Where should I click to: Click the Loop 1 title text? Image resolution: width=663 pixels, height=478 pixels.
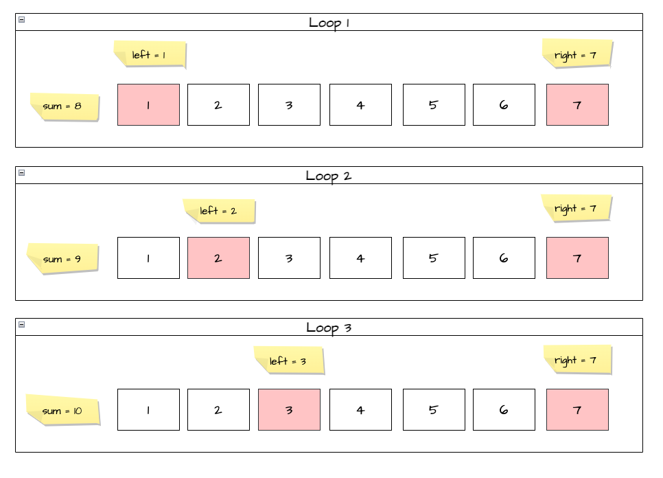pyautogui.click(x=329, y=23)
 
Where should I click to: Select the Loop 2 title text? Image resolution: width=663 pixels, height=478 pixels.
pyautogui.click(x=329, y=176)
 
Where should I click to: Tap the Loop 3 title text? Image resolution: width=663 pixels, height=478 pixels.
pyautogui.click(x=329, y=328)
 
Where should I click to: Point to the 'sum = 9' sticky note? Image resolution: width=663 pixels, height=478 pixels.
pyautogui.click(x=62, y=259)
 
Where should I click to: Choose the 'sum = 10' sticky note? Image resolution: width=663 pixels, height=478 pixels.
pyautogui.click(x=63, y=411)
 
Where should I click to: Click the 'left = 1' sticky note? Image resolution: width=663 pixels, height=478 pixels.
pyautogui.click(x=150, y=55)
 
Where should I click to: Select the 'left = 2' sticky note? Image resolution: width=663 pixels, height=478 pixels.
pyautogui.click(x=219, y=211)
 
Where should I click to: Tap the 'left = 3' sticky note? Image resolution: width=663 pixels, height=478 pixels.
pyautogui.click(x=289, y=361)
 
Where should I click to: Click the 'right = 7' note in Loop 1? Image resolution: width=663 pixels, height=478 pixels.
pyautogui.click(x=577, y=54)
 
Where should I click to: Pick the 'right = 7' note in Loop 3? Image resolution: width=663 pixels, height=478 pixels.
pyautogui.click(x=577, y=360)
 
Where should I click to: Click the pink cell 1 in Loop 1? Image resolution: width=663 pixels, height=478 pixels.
pyautogui.click(x=148, y=105)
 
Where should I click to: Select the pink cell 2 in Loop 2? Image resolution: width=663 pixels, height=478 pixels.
pyautogui.click(x=218, y=258)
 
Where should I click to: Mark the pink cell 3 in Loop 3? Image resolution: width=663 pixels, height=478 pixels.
pyautogui.click(x=289, y=410)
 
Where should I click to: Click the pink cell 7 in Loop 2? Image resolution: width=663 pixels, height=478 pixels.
pyautogui.click(x=577, y=258)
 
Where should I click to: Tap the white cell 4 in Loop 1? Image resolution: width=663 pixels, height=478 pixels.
pyautogui.click(x=360, y=105)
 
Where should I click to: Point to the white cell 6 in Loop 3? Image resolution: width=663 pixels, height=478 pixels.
pyautogui.click(x=504, y=410)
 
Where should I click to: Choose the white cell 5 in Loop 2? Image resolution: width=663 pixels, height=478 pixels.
pyautogui.click(x=433, y=258)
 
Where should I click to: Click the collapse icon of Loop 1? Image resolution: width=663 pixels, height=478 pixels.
pyautogui.click(x=22, y=20)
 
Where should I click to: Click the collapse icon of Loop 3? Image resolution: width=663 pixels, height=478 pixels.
pyautogui.click(x=22, y=325)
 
